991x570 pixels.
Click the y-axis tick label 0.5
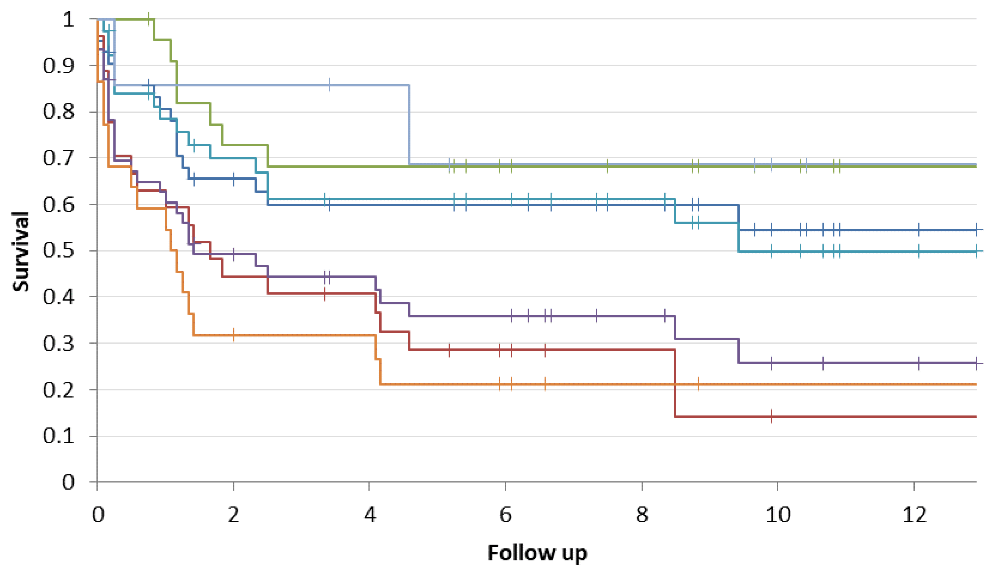click(x=58, y=251)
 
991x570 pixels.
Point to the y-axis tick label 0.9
click(x=58, y=66)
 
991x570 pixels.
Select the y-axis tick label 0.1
click(x=58, y=436)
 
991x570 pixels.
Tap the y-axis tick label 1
click(x=68, y=19)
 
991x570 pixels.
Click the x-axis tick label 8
click(x=642, y=515)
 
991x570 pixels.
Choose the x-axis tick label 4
click(x=369, y=515)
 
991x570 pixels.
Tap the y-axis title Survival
click(x=20, y=251)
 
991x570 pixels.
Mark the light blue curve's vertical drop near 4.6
click(x=409, y=124)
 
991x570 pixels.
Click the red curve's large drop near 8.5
click(x=675, y=383)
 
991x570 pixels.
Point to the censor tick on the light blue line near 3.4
click(x=330, y=85)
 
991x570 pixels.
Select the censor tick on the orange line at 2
click(x=234, y=335)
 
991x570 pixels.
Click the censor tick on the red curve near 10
click(x=771, y=416)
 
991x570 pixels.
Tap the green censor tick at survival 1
click(x=149, y=19)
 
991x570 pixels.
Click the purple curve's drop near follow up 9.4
click(x=739, y=351)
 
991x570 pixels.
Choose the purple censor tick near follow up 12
click(x=919, y=363)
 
